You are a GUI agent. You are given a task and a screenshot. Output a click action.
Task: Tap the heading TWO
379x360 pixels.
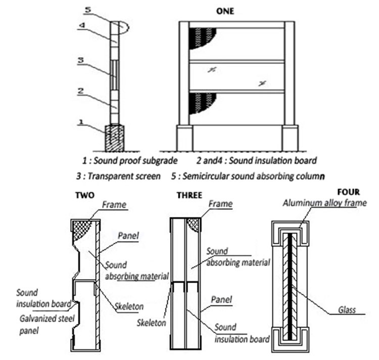[x=85, y=195]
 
